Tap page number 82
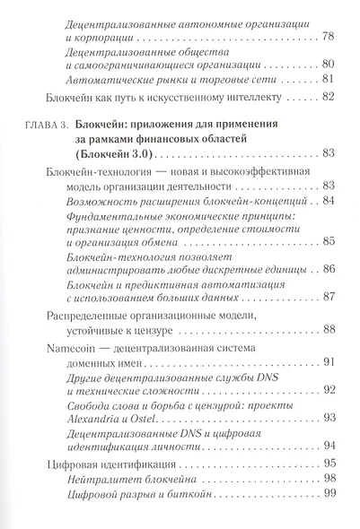[328, 97]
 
